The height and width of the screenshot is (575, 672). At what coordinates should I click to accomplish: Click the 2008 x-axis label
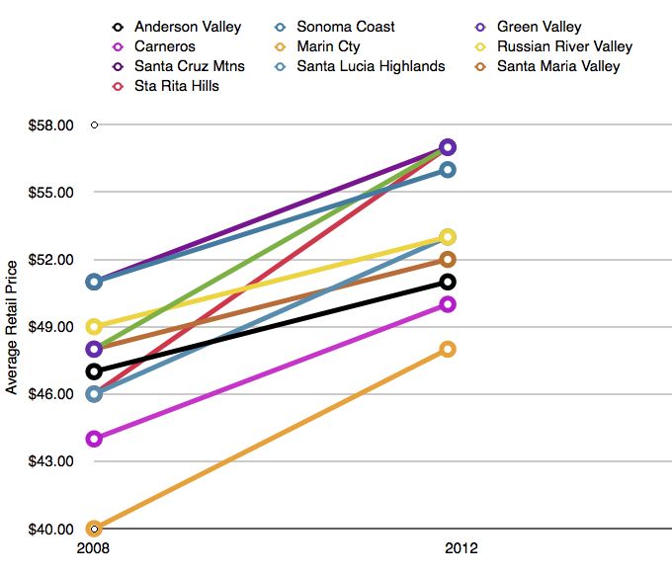coord(94,548)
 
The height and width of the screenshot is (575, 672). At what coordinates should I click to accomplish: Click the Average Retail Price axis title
coord(13,326)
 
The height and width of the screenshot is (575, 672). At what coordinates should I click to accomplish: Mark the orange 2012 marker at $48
coord(448,349)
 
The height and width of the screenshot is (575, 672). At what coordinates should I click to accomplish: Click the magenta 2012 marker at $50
coord(448,304)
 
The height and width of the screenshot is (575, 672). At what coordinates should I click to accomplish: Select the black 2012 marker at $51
coord(448,282)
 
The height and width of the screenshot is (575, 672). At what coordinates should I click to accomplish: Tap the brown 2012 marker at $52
coord(448,260)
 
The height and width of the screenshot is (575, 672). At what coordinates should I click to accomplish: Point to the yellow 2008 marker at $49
coord(94,326)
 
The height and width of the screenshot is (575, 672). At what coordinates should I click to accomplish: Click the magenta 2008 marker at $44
coord(94,439)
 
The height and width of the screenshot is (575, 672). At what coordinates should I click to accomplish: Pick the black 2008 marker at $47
coord(94,371)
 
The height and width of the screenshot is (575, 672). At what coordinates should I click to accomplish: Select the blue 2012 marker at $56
coord(448,170)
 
